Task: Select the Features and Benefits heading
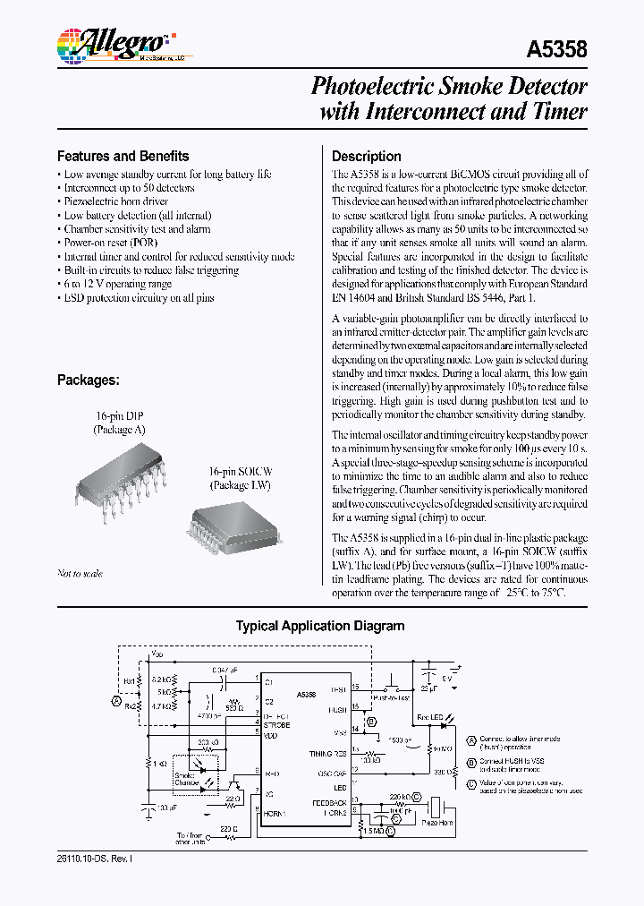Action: click(123, 155)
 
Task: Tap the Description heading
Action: click(366, 155)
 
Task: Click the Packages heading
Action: click(88, 380)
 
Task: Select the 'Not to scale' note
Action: click(80, 574)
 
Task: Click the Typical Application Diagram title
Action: click(319, 627)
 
